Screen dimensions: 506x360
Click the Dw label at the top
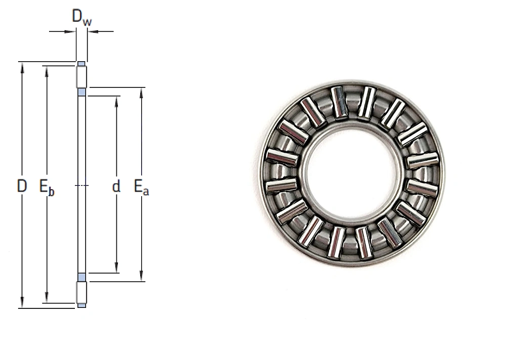point(81,17)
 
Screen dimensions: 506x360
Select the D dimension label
point(22,186)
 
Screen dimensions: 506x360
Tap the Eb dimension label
point(47,187)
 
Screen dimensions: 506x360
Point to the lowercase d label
point(116,187)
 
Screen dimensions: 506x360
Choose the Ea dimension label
point(141,187)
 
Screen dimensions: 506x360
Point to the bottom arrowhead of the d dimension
point(116,267)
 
